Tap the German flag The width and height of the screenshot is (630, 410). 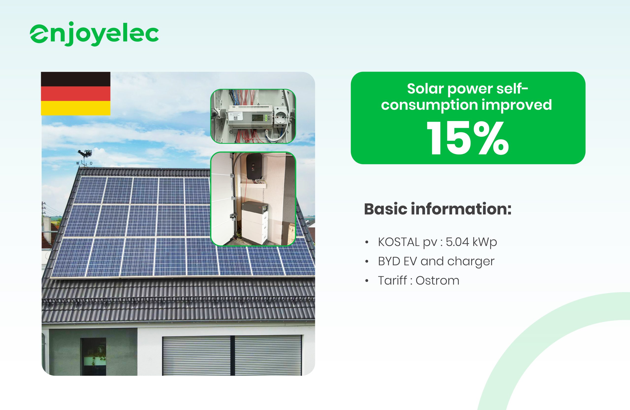[x=76, y=93]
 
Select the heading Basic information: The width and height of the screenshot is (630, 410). [x=438, y=209]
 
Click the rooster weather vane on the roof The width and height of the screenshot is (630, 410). [x=85, y=158]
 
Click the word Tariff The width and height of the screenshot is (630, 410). [x=393, y=280]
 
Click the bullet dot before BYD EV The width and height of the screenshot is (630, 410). [x=367, y=262]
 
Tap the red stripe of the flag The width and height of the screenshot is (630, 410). [x=76, y=93]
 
